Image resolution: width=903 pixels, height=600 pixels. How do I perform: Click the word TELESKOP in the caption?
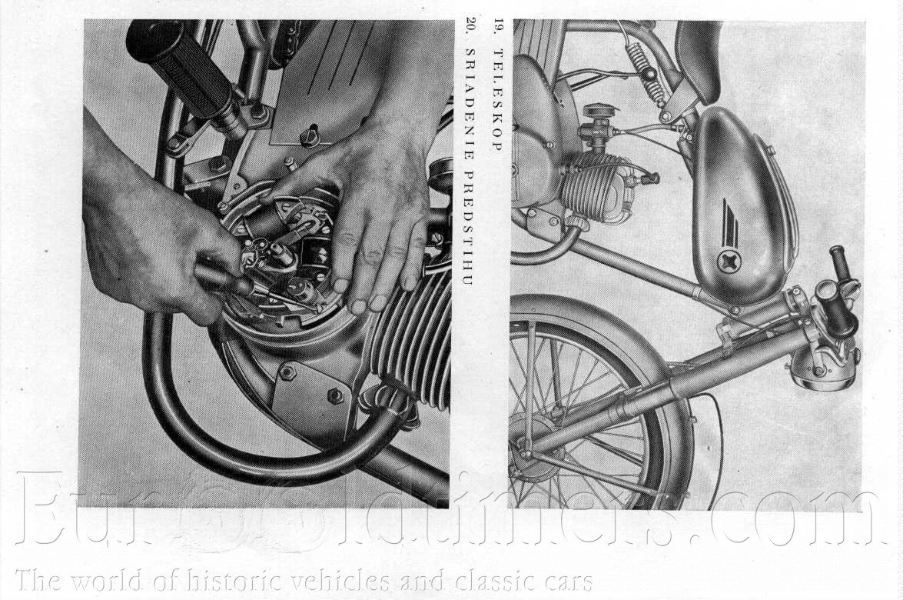point(497,100)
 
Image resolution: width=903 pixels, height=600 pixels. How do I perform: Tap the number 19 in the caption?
point(497,28)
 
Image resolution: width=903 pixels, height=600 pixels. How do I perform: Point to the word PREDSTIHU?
point(469,227)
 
